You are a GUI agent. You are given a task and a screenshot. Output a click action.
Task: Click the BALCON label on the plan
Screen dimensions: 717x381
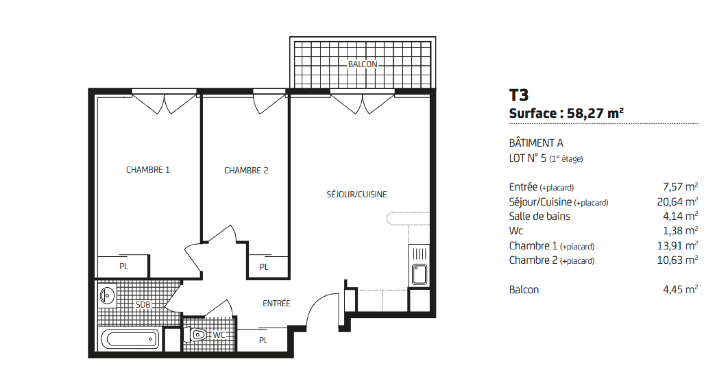coord(363,65)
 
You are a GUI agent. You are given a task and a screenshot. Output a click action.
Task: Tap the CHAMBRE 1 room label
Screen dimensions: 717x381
coord(148,170)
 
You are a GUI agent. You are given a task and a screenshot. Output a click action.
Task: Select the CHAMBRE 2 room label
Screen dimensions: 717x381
coord(246,170)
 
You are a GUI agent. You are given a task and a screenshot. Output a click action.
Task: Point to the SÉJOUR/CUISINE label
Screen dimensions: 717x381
coord(357,195)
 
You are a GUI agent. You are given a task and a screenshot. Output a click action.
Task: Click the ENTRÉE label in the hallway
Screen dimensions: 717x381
coord(276,303)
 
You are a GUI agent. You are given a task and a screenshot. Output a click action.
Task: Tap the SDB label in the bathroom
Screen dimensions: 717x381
coord(143,304)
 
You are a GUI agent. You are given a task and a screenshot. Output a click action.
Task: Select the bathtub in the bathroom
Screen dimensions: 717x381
coord(130,339)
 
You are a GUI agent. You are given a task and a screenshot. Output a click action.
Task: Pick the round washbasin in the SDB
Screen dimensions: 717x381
coord(107,296)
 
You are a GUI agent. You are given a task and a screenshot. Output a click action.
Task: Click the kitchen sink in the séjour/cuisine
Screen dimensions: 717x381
coord(419,274)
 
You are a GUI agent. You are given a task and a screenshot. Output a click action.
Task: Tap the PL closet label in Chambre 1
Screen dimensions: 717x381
coord(124,266)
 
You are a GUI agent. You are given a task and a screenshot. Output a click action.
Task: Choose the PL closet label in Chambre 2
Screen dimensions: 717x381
coord(264,267)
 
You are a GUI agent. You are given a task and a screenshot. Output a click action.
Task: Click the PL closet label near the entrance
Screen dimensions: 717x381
coord(263,340)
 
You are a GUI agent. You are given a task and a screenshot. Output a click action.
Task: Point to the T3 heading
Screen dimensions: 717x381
coord(519,95)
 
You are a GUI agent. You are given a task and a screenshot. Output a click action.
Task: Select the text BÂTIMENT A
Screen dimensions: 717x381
coord(536,143)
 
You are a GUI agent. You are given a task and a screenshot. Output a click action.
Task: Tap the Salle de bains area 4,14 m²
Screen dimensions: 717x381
coord(680,216)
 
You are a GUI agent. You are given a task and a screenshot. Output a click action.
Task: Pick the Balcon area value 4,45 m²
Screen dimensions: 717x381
coord(680,290)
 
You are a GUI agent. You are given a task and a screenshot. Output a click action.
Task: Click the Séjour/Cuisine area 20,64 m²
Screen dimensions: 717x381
coord(677,202)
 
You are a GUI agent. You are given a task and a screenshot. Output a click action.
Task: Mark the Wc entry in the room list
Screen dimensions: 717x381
coord(516,231)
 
